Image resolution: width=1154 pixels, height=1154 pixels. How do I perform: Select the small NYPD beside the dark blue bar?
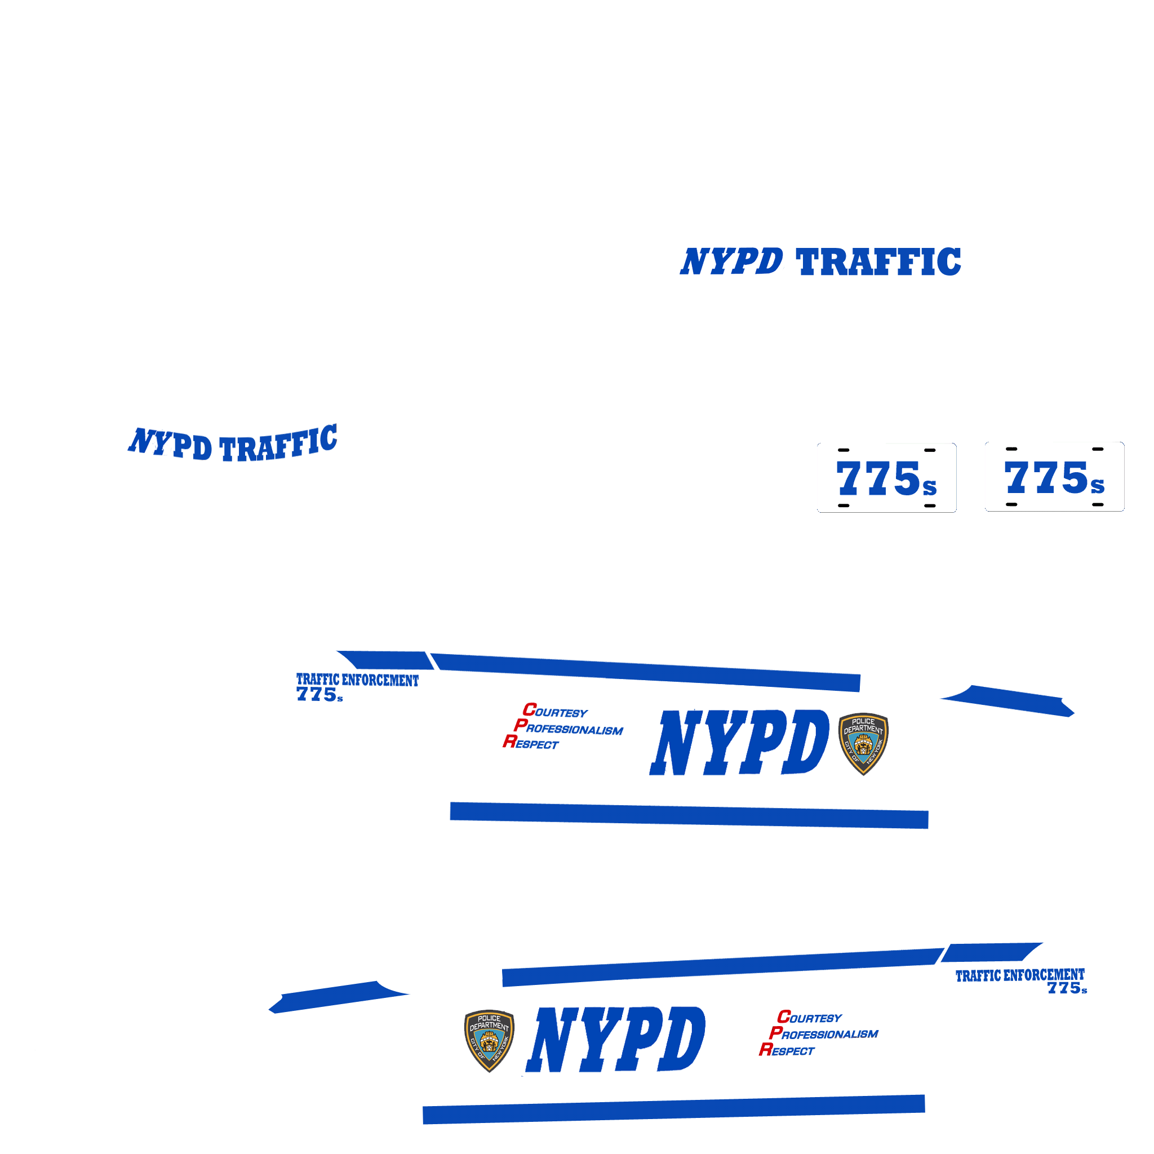(x=730, y=261)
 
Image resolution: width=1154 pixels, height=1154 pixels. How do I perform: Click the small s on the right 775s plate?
(x=1097, y=486)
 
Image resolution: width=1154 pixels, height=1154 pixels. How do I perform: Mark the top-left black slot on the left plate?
(x=844, y=450)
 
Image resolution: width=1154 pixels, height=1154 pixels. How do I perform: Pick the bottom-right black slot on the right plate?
(x=1098, y=505)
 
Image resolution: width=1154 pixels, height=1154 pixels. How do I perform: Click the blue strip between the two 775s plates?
(x=971, y=477)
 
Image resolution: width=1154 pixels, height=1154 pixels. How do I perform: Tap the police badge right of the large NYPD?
(x=863, y=743)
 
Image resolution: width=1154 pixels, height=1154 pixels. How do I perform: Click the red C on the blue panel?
(x=529, y=709)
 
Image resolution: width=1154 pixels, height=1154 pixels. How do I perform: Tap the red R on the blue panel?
(x=509, y=742)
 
